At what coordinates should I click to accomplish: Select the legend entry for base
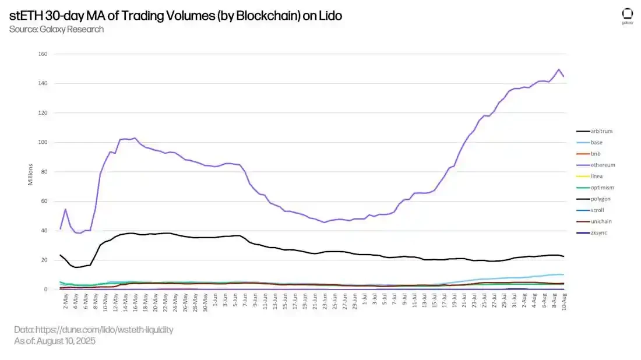point(587,142)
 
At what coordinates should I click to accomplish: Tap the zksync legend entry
point(589,232)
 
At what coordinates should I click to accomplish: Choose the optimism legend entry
point(591,188)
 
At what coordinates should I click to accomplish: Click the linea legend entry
point(587,176)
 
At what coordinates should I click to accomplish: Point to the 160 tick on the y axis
point(43,54)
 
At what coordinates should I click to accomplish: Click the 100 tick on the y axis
point(43,142)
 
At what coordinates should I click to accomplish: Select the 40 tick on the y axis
point(44,231)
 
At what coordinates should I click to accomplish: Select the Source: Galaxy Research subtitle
point(57,29)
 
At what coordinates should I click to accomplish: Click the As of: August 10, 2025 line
point(55,341)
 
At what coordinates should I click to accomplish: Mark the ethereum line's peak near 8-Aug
point(559,69)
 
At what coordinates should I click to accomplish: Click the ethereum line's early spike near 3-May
point(65,209)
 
